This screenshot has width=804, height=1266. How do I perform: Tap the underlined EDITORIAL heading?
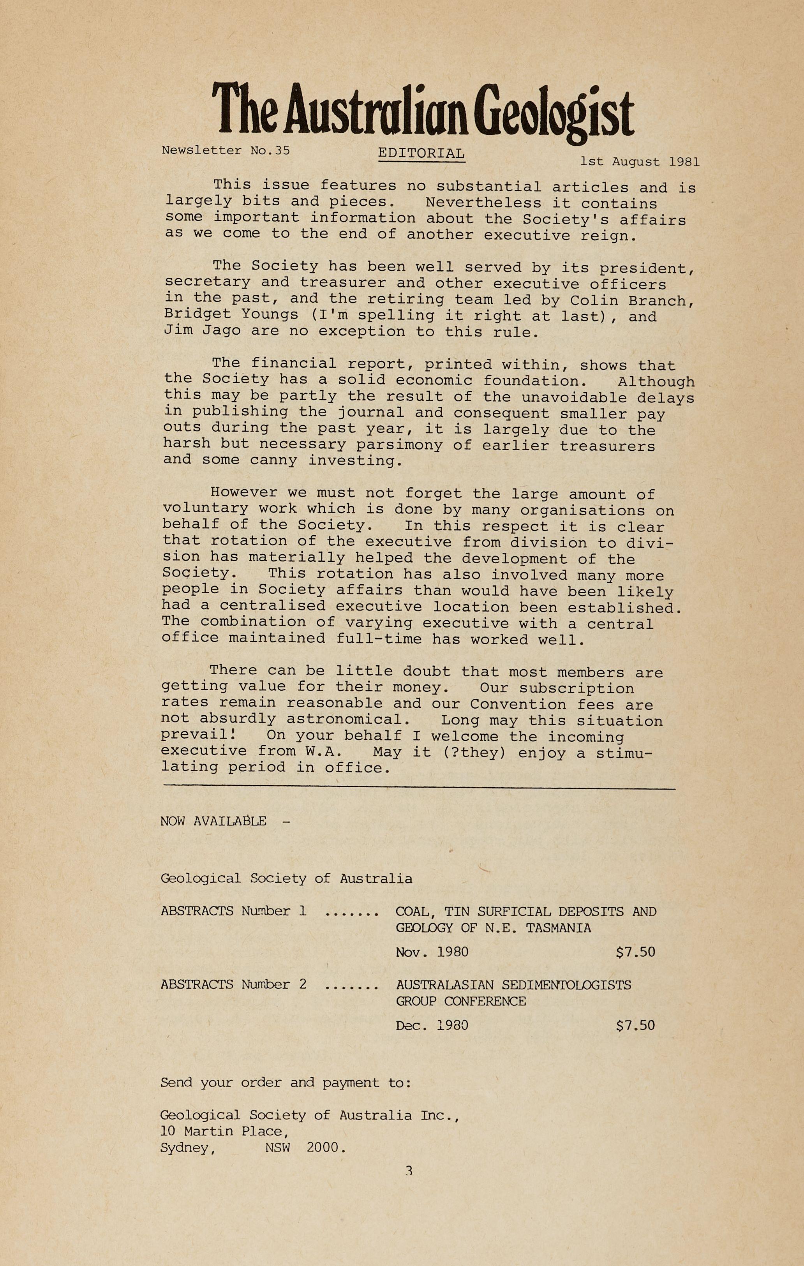(421, 153)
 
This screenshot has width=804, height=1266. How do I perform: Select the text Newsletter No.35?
(226, 150)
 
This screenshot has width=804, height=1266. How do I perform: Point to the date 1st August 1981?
(639, 162)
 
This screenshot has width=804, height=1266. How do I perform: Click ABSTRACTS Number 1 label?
(233, 911)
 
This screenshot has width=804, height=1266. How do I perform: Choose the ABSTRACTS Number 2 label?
(233, 984)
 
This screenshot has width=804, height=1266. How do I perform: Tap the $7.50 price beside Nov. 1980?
(635, 952)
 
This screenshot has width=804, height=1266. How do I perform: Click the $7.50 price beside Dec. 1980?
(635, 1025)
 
